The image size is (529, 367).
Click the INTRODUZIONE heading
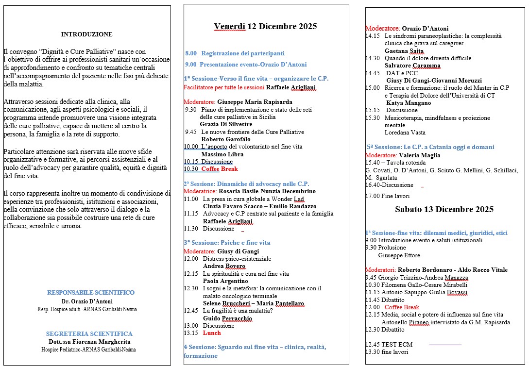click(x=86, y=34)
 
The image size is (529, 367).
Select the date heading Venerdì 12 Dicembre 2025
click(x=265, y=26)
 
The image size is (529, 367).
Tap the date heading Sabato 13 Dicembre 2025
click(x=444, y=209)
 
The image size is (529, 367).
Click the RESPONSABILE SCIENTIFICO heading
click(x=91, y=293)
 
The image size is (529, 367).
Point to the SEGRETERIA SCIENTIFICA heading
click(x=89, y=334)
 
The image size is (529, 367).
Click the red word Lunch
click(x=211, y=333)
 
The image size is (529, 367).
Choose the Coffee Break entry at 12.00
click(x=401, y=307)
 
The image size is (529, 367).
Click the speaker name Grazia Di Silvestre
click(x=226, y=124)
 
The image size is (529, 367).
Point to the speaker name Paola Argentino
click(x=225, y=281)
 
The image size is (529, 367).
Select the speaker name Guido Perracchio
click(x=227, y=318)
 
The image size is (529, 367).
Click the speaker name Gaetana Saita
click(x=404, y=51)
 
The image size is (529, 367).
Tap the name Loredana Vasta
click(x=405, y=133)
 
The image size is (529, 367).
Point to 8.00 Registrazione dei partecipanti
click(x=235, y=53)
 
